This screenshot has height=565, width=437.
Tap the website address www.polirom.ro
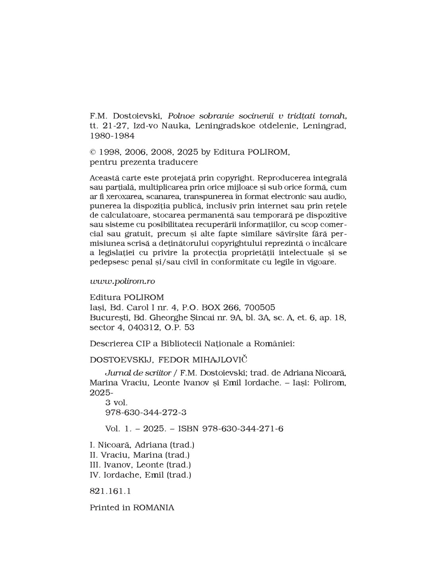pyautogui.click(x=122, y=281)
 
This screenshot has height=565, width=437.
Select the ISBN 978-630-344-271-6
pyautogui.click(x=243, y=429)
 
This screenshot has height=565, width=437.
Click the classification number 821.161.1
pyautogui.click(x=110, y=491)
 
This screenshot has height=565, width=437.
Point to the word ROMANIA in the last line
pyautogui.click(x=153, y=507)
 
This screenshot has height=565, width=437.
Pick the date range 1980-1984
pyautogui.click(x=112, y=136)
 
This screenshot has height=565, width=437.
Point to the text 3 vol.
pyautogui.click(x=116, y=402)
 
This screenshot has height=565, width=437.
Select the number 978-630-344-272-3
pyautogui.click(x=146, y=412)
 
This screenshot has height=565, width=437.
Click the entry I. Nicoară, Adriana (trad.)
pyautogui.click(x=142, y=445)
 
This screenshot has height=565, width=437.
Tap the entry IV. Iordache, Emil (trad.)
pyautogui.click(x=141, y=475)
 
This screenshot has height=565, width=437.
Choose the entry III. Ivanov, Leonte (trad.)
pyautogui.click(x=141, y=465)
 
